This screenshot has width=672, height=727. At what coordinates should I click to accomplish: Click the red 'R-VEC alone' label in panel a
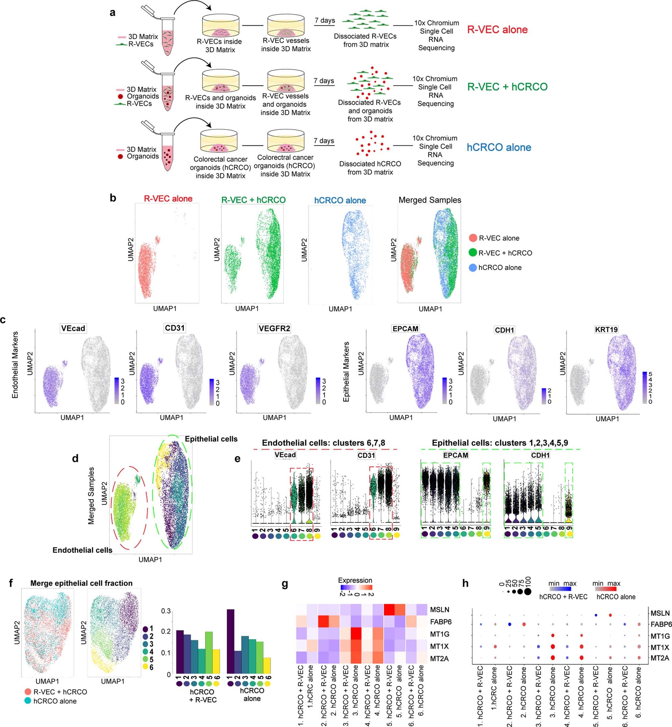(x=497, y=30)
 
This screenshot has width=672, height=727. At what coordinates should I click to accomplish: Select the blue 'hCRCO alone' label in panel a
(x=499, y=147)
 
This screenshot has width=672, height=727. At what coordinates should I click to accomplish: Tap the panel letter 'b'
(x=113, y=198)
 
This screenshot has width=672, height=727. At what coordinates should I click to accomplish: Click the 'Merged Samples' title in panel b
(x=430, y=200)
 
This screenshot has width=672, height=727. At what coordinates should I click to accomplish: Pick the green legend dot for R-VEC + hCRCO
(x=473, y=253)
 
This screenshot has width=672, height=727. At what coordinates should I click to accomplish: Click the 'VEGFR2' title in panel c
(x=274, y=328)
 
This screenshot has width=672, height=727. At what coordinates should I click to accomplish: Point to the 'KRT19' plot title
(x=607, y=330)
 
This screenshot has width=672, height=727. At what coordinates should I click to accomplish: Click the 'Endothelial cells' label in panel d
(x=82, y=550)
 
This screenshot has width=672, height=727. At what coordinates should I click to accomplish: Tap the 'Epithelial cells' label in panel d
(x=211, y=439)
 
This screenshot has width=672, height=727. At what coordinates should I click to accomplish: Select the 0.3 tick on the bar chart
(x=166, y=611)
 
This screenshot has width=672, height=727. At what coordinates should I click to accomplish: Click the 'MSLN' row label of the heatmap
(x=439, y=609)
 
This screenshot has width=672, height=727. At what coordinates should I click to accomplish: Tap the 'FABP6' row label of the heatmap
(x=441, y=622)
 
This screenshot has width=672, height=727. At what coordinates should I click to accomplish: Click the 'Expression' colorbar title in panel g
(x=355, y=580)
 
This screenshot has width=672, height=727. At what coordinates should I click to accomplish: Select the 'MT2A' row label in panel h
(x=660, y=658)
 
